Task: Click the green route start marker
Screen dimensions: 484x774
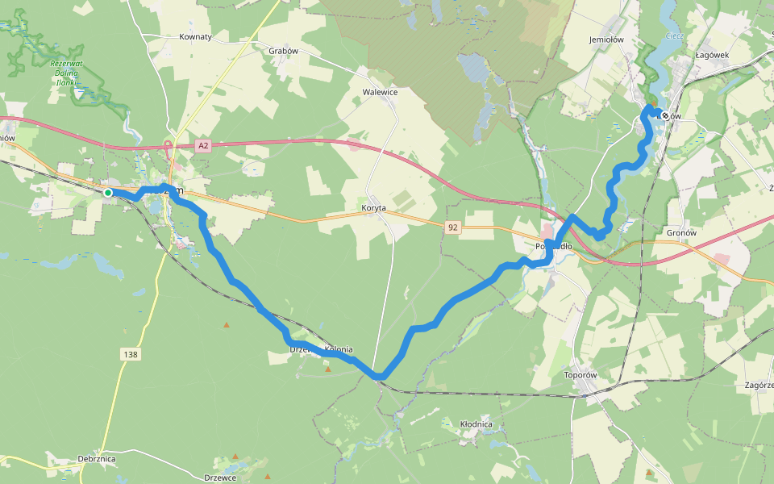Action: click(108, 192)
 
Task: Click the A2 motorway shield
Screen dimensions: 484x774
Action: click(203, 146)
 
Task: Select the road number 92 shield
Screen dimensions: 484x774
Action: click(452, 228)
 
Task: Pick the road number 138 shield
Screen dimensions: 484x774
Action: click(130, 354)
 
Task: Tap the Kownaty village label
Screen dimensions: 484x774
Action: click(195, 37)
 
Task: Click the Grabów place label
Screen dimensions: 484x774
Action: click(283, 50)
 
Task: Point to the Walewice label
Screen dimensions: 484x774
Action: click(380, 92)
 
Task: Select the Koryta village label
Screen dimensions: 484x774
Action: click(373, 208)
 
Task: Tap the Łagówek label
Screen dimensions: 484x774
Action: click(712, 55)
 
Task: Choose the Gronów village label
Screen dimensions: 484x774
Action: click(681, 232)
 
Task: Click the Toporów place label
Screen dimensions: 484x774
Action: click(580, 375)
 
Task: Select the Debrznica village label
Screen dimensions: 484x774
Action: click(97, 459)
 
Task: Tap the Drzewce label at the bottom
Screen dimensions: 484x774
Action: click(220, 478)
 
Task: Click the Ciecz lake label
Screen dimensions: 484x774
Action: click(674, 36)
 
